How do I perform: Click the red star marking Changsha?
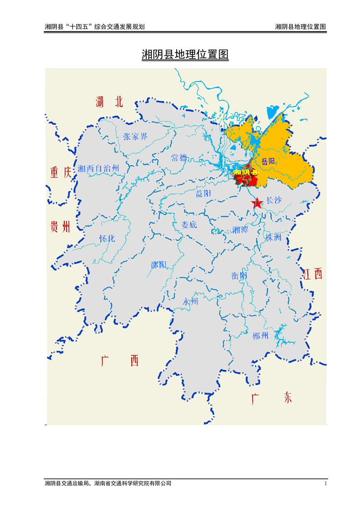(x=257, y=204)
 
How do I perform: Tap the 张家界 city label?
(x=135, y=137)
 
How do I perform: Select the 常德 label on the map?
(x=179, y=158)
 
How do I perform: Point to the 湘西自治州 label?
(x=99, y=169)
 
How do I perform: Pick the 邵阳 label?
(x=159, y=265)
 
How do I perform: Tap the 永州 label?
(x=191, y=302)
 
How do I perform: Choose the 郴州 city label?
(x=261, y=336)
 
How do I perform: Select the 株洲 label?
(x=274, y=237)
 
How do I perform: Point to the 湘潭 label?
(x=240, y=230)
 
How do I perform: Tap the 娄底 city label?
(x=189, y=225)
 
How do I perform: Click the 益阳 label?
(x=203, y=194)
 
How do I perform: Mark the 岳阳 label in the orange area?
(x=268, y=161)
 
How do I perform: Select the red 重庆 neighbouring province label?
(x=61, y=173)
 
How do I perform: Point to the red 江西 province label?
(x=313, y=274)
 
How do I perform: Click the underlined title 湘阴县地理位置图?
(x=185, y=55)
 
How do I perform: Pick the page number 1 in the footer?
(x=325, y=484)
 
